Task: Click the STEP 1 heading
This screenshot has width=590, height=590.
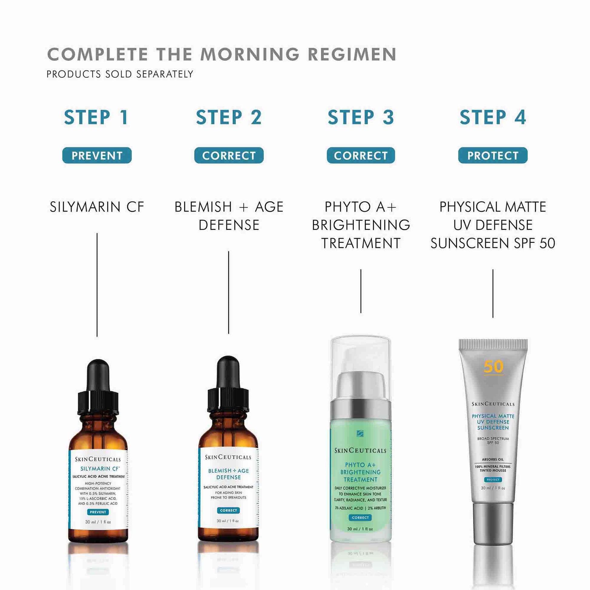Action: click(x=96, y=117)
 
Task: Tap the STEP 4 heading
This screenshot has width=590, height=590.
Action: click(x=493, y=117)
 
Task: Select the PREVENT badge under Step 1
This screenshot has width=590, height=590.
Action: click(x=97, y=156)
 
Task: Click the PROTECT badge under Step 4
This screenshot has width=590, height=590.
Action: click(x=493, y=156)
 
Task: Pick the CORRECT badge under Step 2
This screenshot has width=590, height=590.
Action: click(x=229, y=156)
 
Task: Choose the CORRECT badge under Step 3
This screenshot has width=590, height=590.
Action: click(x=361, y=156)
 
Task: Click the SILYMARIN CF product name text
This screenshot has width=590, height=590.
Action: click(x=97, y=207)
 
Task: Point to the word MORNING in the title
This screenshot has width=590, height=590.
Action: click(x=250, y=54)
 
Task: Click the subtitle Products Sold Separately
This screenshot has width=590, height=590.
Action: click(x=120, y=74)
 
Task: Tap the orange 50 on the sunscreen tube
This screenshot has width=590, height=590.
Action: click(x=493, y=367)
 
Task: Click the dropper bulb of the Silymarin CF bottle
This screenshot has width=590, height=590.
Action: click(x=98, y=376)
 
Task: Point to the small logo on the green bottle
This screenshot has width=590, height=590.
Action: click(x=360, y=434)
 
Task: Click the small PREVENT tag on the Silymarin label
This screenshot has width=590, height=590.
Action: click(x=98, y=512)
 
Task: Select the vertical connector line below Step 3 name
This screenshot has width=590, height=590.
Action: click(x=361, y=291)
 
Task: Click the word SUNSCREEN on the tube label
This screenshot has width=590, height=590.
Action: click(x=493, y=428)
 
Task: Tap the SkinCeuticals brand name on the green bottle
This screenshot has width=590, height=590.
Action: click(x=360, y=451)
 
